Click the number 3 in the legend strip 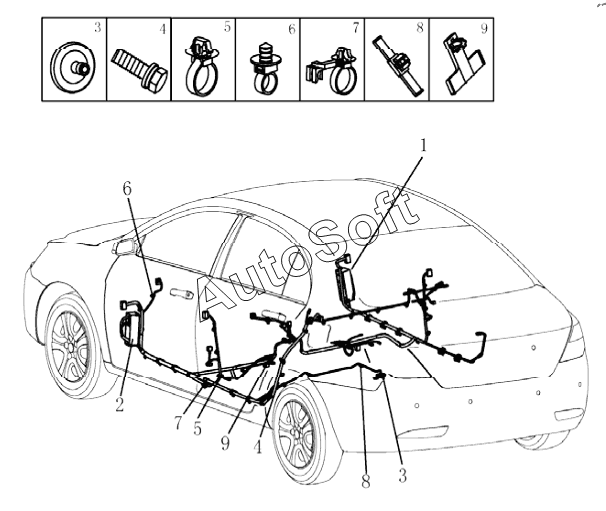click(97, 27)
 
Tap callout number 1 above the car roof click(423, 145)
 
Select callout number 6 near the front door click(127, 188)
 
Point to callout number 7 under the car click(177, 423)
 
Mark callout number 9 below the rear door click(225, 441)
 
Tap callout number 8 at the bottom click(366, 483)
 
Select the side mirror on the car click(127, 248)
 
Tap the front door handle click(181, 294)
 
